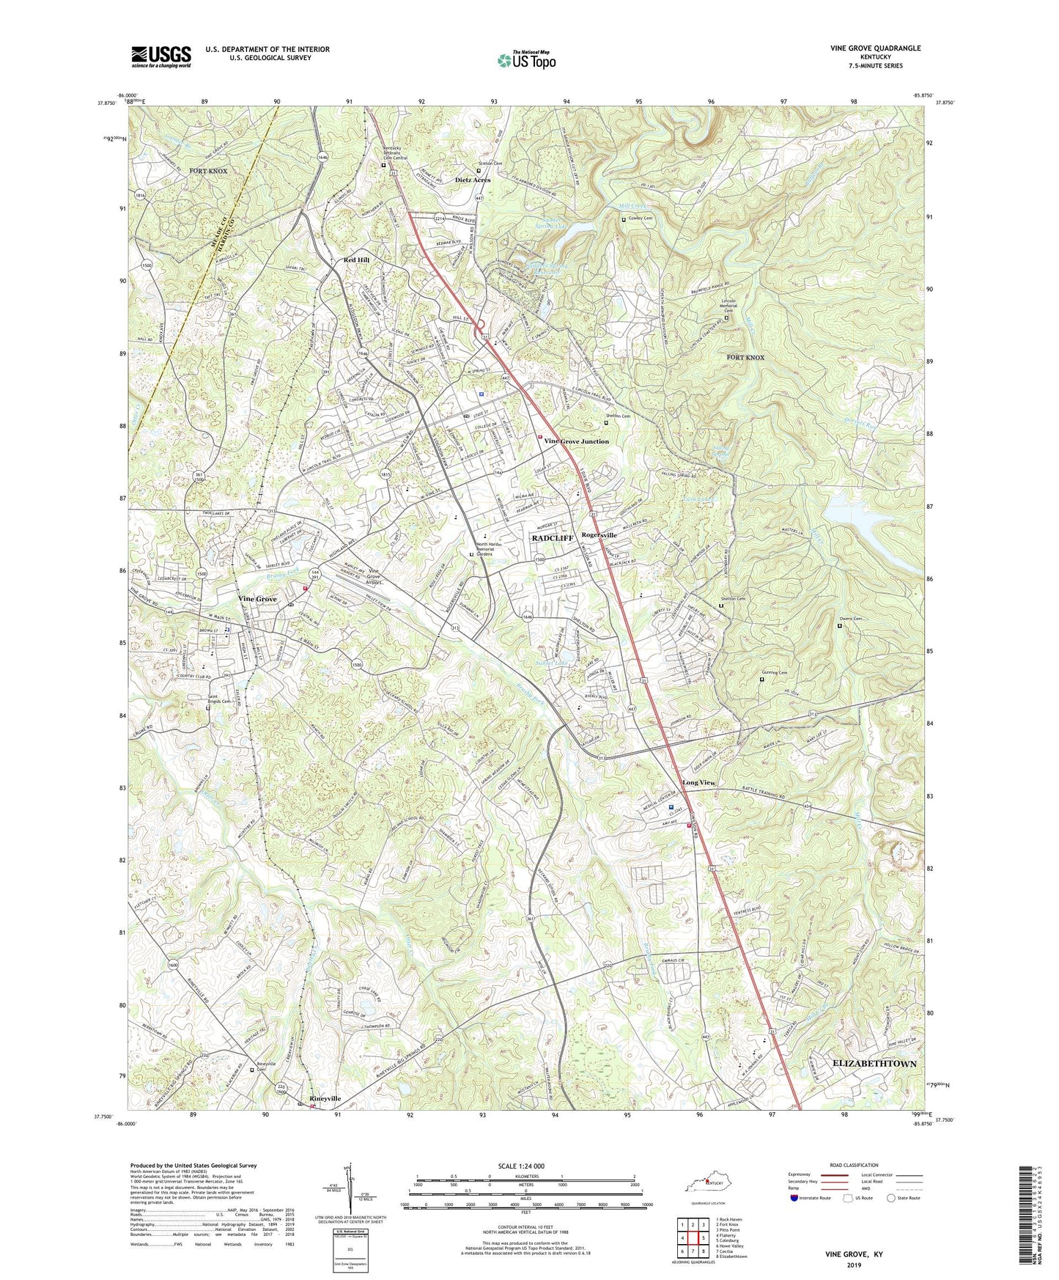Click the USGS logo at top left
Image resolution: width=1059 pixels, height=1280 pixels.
click(x=161, y=56)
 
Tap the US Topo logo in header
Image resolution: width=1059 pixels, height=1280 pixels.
click(x=525, y=59)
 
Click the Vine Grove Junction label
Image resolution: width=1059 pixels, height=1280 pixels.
click(x=576, y=441)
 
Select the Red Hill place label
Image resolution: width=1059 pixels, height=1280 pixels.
click(x=358, y=260)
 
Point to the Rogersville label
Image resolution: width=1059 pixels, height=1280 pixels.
click(x=599, y=535)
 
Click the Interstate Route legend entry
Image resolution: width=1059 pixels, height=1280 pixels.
click(x=811, y=1198)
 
